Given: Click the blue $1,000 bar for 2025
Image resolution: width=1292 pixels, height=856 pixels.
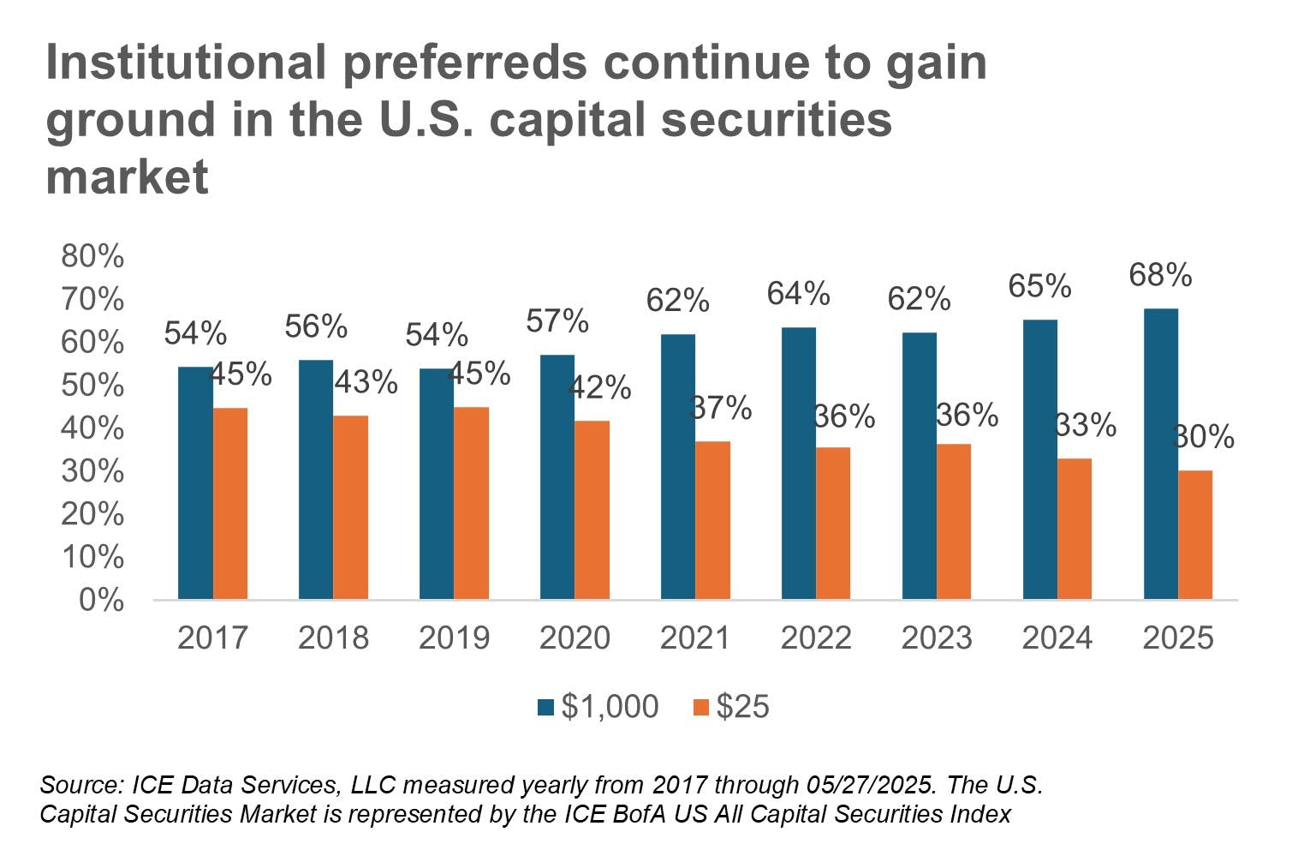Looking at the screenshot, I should coord(1160,453).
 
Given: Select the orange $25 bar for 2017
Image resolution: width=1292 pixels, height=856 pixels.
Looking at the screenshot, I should coord(230,503).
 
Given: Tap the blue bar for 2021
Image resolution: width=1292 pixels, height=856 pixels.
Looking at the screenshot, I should coord(678,466).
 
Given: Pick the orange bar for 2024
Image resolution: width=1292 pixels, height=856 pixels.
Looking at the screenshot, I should coord(1075,529).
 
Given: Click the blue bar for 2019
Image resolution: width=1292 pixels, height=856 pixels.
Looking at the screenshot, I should coord(437,483).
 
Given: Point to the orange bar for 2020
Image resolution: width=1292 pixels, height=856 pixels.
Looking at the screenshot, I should coord(592,510).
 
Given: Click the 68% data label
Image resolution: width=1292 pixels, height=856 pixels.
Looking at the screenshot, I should coord(1160,276).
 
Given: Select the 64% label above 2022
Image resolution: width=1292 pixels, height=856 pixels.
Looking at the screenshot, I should coord(798,294).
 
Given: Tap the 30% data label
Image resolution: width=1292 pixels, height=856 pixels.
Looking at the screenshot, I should coord(1203,438).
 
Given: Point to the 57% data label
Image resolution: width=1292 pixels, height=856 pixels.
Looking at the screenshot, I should coord(557,321).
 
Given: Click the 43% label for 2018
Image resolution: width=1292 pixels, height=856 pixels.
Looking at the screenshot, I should coord(366,382).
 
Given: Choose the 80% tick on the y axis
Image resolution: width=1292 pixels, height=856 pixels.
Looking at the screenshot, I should coord(92,256).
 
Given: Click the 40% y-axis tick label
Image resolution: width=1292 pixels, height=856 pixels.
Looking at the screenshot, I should coord(92,428).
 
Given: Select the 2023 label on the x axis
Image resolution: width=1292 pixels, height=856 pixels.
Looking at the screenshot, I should coord(937,638).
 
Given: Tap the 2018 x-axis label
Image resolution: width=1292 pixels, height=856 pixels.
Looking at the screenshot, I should coord(333,638).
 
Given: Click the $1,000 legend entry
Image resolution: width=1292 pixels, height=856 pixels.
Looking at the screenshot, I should coord(598,707).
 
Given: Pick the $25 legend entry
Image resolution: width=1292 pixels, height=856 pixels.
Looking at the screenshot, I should coord(732,707).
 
